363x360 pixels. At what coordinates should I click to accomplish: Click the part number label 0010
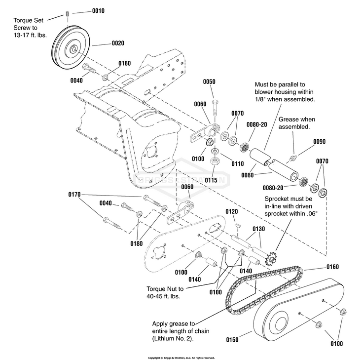(98, 10)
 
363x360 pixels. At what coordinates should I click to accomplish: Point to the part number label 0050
(210, 81)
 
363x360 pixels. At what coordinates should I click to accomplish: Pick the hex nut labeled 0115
(215, 161)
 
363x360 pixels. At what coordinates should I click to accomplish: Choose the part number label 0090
(319, 142)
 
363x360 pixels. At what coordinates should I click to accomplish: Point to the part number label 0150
(232, 340)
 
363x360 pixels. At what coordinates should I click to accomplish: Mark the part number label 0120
(232, 211)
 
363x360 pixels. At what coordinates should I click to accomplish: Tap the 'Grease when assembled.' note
(297, 123)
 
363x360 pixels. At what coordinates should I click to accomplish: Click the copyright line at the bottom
(181, 358)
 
